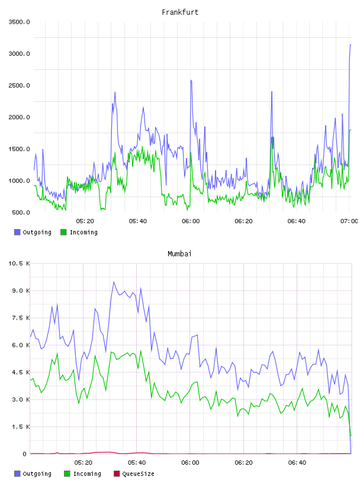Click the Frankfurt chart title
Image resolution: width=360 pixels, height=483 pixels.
pyautogui.click(x=180, y=12)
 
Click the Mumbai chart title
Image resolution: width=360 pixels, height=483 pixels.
pyautogui.click(x=179, y=254)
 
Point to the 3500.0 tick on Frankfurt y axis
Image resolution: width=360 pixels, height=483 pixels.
pyautogui.click(x=20, y=22)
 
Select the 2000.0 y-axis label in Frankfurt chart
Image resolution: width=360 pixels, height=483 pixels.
pyautogui.click(x=20, y=117)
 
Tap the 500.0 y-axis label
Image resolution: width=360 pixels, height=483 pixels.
pyautogui.click(x=21, y=212)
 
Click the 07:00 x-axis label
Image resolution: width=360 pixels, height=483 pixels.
pyautogui.click(x=349, y=221)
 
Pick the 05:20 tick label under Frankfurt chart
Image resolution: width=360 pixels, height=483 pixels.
pyautogui.click(x=85, y=221)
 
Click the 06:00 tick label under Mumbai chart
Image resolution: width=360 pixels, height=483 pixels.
pyautogui.click(x=190, y=463)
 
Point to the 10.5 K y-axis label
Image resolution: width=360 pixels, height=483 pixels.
pyautogui.click(x=20, y=263)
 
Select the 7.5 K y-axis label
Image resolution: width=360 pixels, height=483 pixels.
pyautogui.click(x=21, y=318)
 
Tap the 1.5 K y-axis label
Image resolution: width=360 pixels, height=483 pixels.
pyautogui.click(x=21, y=427)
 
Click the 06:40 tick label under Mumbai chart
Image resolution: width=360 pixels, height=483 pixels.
pyautogui.click(x=297, y=463)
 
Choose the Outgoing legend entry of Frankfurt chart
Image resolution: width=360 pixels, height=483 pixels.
pyautogui.click(x=33, y=232)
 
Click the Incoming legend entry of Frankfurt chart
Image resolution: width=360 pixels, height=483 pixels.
pyautogui.click(x=79, y=232)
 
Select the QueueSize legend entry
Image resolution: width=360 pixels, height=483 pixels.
pyautogui.click(x=134, y=474)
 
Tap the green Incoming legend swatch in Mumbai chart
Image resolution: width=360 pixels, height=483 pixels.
pyautogui.click(x=67, y=474)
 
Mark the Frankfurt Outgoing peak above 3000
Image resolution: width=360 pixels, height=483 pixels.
pyautogui.click(x=351, y=44)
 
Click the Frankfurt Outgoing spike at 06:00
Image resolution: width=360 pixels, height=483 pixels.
pyautogui.click(x=191, y=80)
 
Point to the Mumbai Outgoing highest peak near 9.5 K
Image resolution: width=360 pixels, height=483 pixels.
pyautogui.click(x=114, y=282)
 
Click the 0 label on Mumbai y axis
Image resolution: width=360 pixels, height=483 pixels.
pyautogui.click(x=25, y=454)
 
